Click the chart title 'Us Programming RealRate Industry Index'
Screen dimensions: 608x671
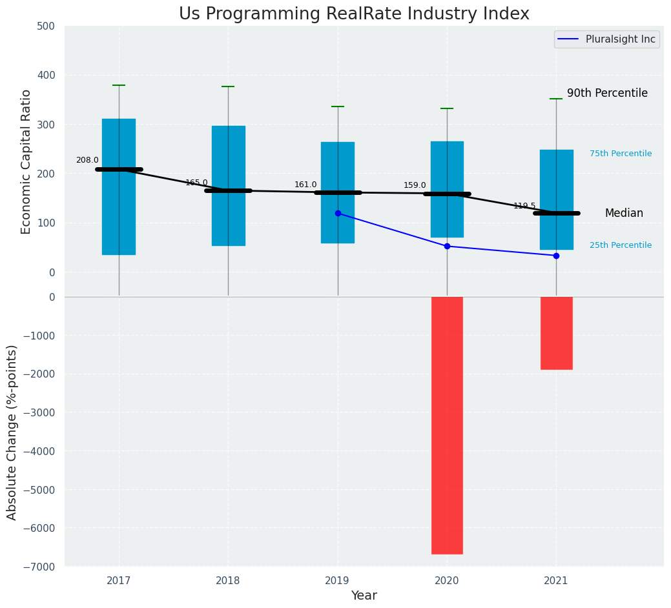tap(354, 14)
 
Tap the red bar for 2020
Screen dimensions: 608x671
tap(447, 425)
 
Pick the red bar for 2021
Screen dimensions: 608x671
tap(556, 333)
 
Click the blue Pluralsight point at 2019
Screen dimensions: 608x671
tap(338, 213)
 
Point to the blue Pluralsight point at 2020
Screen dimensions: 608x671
tap(447, 246)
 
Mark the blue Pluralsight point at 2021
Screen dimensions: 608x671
tap(556, 256)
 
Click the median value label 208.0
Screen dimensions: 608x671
tap(87, 160)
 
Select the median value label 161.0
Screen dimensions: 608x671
tap(305, 185)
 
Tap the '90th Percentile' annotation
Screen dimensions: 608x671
tap(607, 93)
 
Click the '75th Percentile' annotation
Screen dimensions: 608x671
tap(621, 154)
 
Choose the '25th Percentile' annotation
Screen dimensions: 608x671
tap(621, 245)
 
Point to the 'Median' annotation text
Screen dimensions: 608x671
tap(624, 213)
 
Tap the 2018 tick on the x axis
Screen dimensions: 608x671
tap(228, 581)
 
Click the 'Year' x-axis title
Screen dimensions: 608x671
tap(364, 596)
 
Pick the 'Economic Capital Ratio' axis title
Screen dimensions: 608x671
tap(26, 161)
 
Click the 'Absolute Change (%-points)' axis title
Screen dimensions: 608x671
tap(12, 432)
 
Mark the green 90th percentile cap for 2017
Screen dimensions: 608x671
tap(119, 85)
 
